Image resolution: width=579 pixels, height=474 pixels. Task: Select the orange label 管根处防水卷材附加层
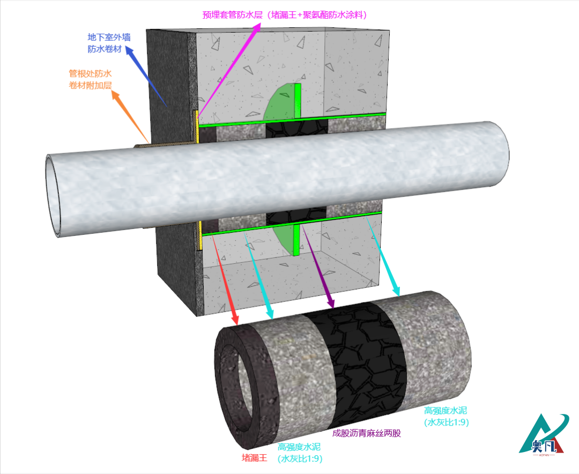pos(90,79)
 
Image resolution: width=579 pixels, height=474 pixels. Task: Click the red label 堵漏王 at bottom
pos(254,458)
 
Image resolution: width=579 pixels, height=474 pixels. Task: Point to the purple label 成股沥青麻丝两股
pos(367,433)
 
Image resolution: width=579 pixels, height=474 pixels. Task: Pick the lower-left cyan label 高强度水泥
pos(300,453)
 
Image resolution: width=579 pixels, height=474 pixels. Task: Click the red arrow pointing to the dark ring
pos(225,279)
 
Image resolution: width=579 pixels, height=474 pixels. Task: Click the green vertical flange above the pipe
pos(298,100)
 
